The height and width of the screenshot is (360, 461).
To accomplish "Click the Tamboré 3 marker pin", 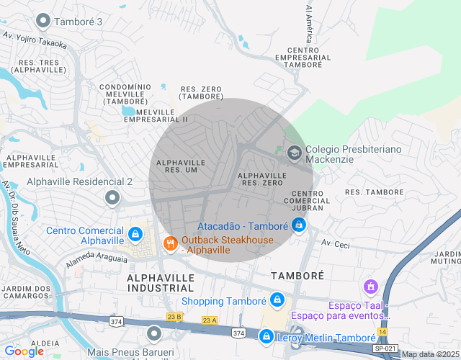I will [x=43, y=21].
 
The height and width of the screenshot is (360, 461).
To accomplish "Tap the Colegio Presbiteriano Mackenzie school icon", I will [x=294, y=153].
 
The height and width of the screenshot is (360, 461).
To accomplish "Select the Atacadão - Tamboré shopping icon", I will [x=299, y=225].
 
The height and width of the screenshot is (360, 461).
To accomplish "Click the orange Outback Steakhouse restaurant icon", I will [x=170, y=244].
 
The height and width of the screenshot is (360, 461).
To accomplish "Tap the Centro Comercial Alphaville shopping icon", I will [x=135, y=235].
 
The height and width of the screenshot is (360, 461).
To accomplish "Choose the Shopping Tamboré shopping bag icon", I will [x=277, y=300].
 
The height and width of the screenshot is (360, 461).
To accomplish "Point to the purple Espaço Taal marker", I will [x=371, y=287].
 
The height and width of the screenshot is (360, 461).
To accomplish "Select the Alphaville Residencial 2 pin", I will [x=112, y=197].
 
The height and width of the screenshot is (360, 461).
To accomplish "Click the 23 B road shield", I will [x=174, y=315].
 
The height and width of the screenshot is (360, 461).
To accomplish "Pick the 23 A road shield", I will [x=209, y=320].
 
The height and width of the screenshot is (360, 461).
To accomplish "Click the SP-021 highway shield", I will [x=385, y=348].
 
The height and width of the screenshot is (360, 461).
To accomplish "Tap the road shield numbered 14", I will [x=382, y=331].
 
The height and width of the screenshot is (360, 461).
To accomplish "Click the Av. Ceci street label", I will [x=335, y=245].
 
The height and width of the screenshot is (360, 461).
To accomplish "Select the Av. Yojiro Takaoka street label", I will [x=35, y=39].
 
